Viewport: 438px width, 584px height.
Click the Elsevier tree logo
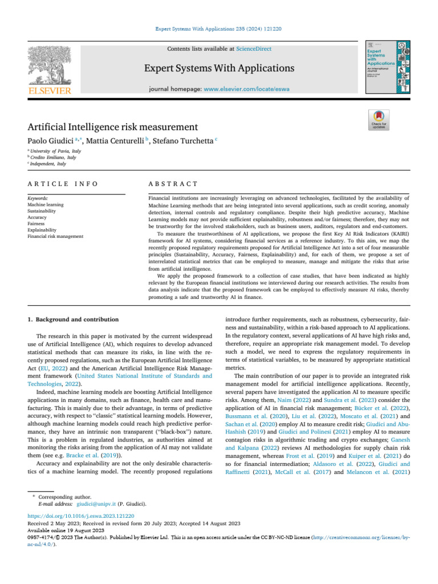click(50, 66)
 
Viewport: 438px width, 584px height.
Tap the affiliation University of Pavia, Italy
click(56, 151)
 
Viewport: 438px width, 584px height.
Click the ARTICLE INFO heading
click(62, 184)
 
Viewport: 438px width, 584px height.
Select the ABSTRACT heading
click(173, 184)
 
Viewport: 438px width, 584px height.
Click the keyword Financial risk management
click(55, 236)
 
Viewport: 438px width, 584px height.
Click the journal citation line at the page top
click(219, 28)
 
